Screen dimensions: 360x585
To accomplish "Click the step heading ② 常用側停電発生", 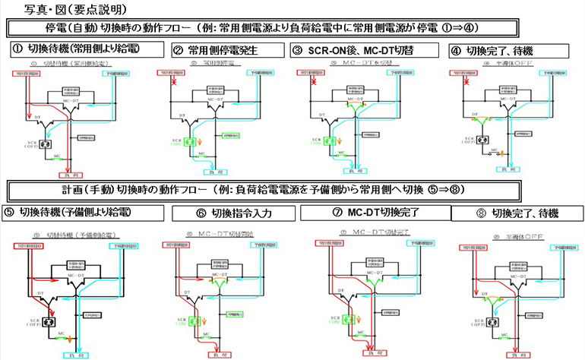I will [x=220, y=51].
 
